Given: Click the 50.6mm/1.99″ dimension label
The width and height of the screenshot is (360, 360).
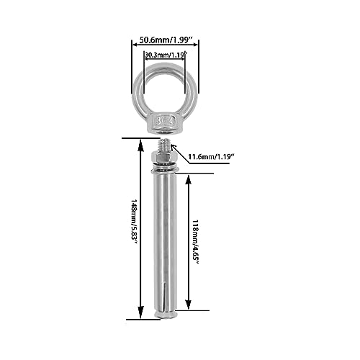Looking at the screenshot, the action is point(166,40).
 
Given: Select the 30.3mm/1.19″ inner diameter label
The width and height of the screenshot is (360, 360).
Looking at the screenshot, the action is point(166,55).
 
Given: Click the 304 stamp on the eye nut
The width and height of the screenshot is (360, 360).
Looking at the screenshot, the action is point(166,121).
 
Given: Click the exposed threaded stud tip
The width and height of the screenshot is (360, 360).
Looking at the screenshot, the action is point(165,145).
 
